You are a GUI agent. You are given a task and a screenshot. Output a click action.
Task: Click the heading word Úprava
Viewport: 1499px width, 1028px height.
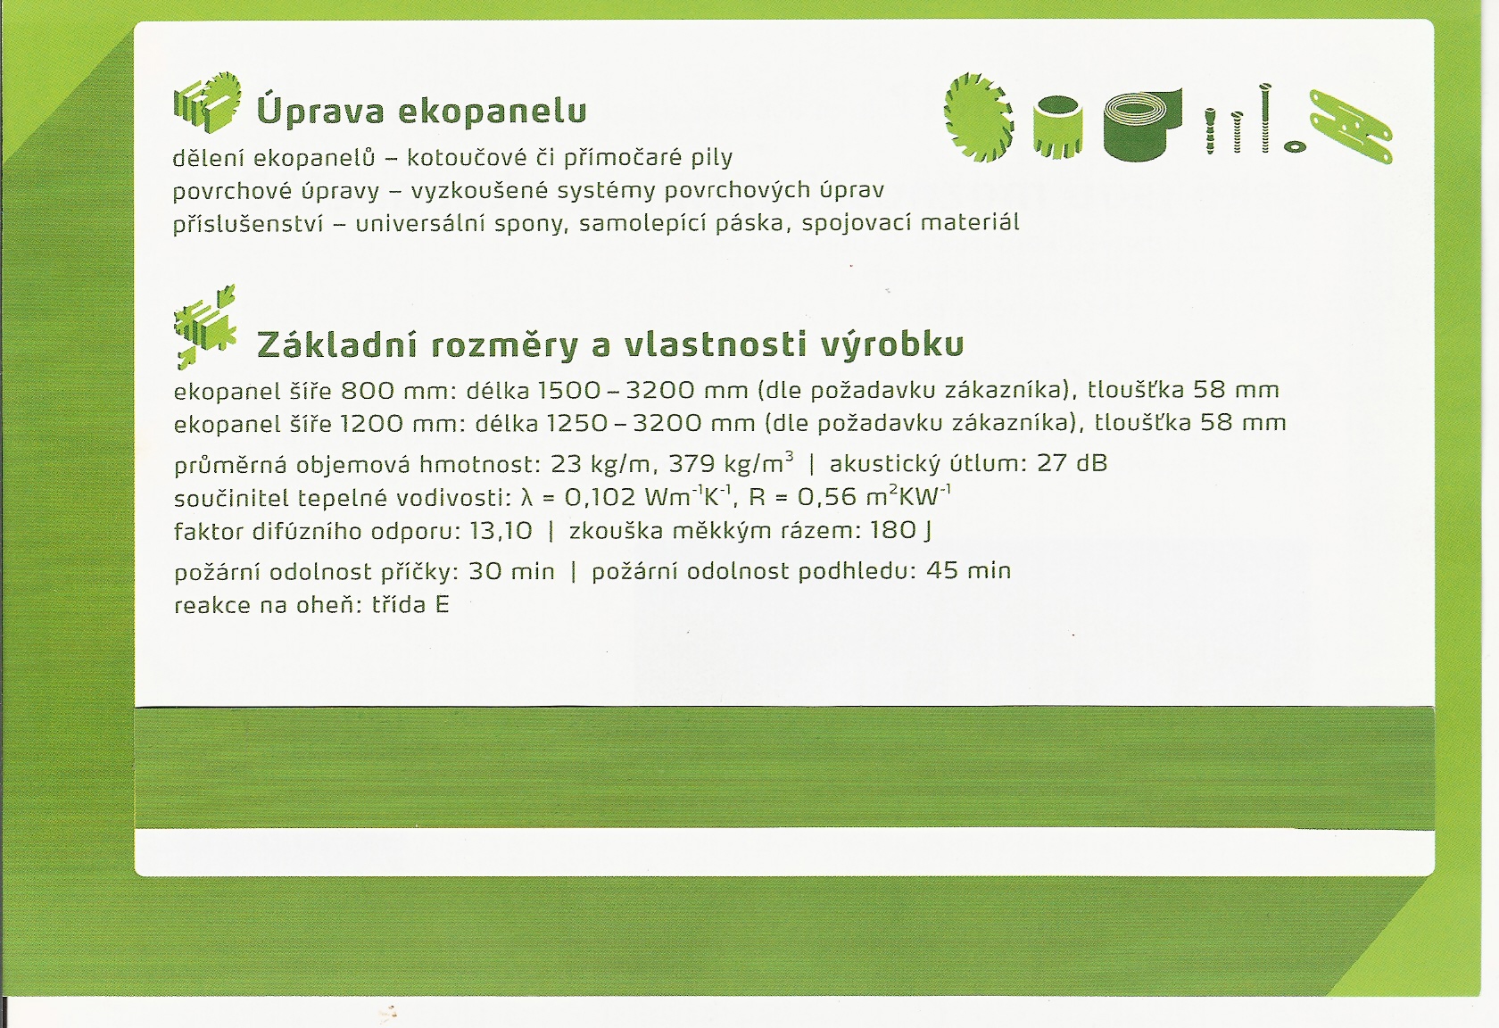[320, 111]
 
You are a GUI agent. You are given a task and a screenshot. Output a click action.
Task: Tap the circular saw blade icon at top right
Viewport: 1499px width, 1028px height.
[978, 117]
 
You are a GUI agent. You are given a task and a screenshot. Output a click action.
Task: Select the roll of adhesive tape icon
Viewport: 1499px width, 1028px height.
[1142, 125]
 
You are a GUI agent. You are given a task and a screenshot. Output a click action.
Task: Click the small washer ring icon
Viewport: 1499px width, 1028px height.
[1295, 146]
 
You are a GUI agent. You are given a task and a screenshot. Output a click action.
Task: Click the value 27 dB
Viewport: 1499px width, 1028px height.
[1072, 463]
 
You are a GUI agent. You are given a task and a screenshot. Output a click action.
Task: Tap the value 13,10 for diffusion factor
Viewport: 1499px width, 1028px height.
[501, 532]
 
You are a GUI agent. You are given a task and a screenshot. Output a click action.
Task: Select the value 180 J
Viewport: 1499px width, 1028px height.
[901, 532]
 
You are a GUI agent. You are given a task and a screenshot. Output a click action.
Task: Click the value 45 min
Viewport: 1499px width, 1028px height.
[969, 571]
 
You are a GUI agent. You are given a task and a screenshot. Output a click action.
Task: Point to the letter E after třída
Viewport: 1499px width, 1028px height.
[442, 605]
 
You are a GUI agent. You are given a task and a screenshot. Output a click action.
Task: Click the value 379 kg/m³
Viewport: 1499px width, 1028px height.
[731, 462]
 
